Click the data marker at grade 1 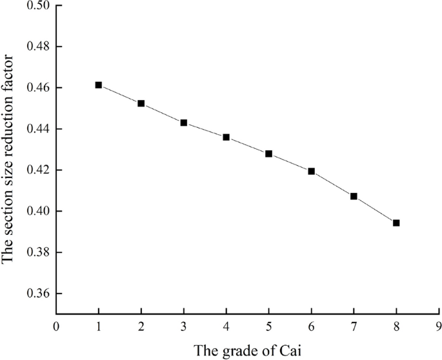tap(99, 85)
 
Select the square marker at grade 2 tap(141, 103)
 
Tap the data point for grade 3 tap(184, 123)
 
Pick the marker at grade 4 tap(226, 137)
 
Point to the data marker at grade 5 tap(269, 154)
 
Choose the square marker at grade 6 tap(312, 171)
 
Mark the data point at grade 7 tap(354, 196)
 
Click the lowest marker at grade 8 tap(396, 223)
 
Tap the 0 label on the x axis tap(57, 326)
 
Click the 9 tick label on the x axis tap(439, 326)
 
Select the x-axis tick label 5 tap(269, 326)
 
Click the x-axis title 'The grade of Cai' tap(248, 350)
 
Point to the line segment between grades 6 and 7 tap(333, 184)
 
